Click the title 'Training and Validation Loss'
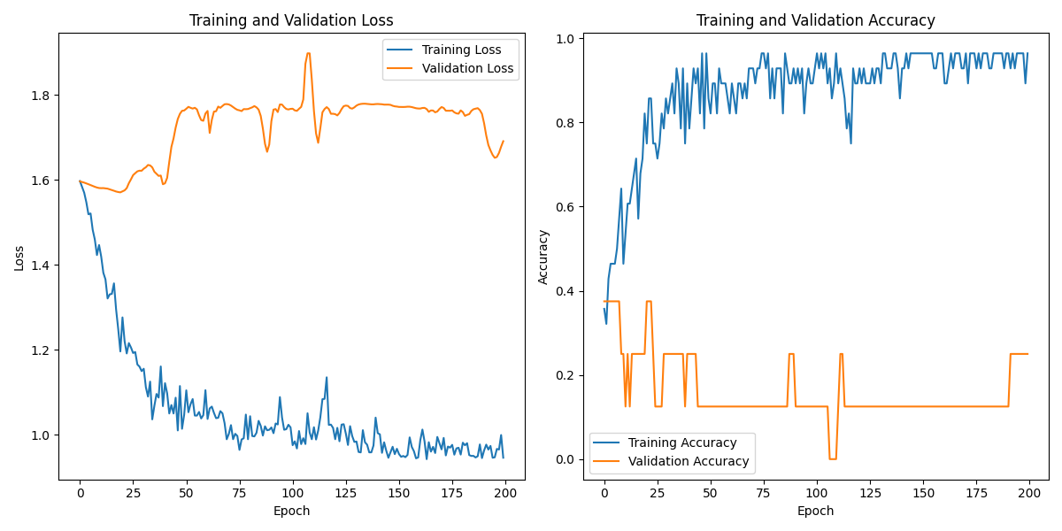click(x=291, y=20)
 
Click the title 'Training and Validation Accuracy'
click(x=815, y=20)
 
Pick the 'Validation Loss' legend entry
click(x=467, y=68)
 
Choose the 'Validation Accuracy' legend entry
click(x=688, y=461)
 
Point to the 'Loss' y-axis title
click(x=19, y=258)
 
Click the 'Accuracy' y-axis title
click(x=543, y=257)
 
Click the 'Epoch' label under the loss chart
click(x=291, y=511)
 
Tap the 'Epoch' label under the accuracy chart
click(x=815, y=511)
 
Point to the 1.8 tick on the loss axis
click(x=42, y=96)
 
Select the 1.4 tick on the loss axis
click(x=42, y=265)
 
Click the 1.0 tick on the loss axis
click(x=42, y=435)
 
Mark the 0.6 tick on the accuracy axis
click(x=566, y=207)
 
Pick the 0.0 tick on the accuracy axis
click(x=566, y=459)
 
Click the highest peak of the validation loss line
click(x=308, y=53)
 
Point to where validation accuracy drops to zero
click(x=832, y=458)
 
